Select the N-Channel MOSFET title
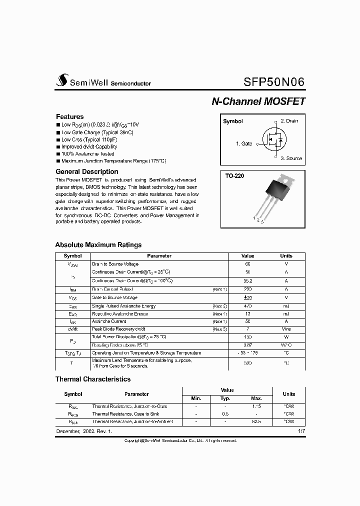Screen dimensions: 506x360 pyautogui.click(x=258, y=101)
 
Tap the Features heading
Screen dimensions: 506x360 pyautogui.click(x=69, y=116)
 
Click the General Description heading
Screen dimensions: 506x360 pyautogui.click(x=86, y=171)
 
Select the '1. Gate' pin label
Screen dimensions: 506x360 pyautogui.click(x=244, y=143)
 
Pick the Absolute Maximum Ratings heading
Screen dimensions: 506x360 pyautogui.click(x=98, y=245)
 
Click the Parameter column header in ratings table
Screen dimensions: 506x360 pyautogui.click(x=159, y=256)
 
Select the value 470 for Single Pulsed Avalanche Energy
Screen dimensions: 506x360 pyautogui.click(x=247, y=306)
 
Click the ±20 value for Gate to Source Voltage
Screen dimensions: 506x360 pyautogui.click(x=247, y=297)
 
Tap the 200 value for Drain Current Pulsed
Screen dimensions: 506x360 pyautogui.click(x=247, y=289)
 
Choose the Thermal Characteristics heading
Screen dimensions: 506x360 pyautogui.click(x=92, y=379)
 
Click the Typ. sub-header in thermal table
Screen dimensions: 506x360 pyautogui.click(x=225, y=398)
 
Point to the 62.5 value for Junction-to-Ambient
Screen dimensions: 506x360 pyautogui.click(x=256, y=422)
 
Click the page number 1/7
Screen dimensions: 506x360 pyautogui.click(x=301, y=430)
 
